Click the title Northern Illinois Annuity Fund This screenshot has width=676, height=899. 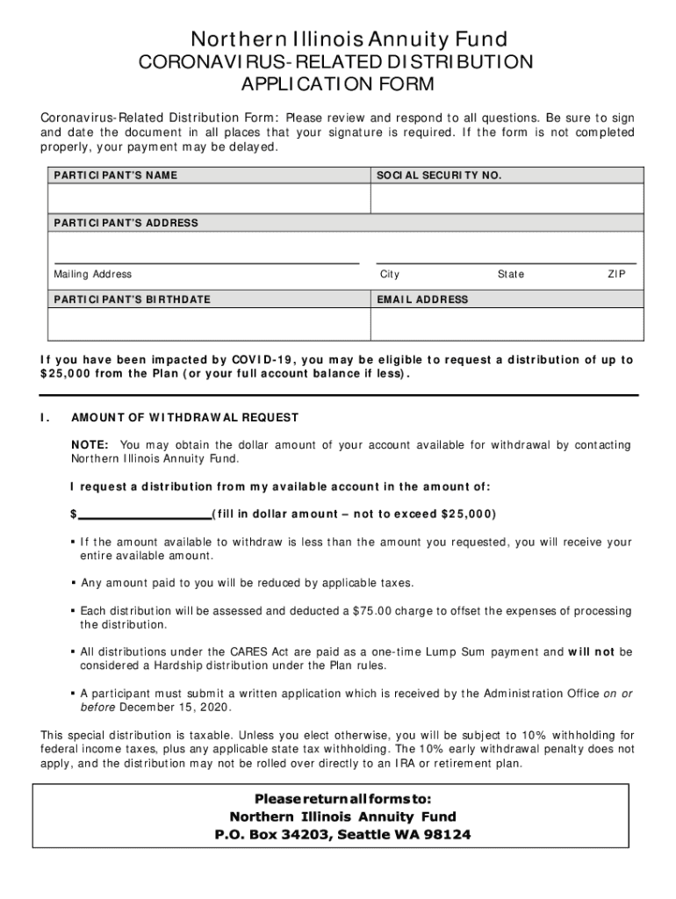coord(337,39)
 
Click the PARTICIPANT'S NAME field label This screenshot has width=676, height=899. coord(115,176)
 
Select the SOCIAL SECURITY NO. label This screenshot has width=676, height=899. coord(439,176)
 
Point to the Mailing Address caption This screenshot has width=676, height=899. coord(93,275)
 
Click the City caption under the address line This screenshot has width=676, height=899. coord(390,275)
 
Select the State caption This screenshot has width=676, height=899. coord(510,275)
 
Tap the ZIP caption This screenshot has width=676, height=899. coord(616,275)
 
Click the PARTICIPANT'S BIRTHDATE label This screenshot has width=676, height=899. coord(132,299)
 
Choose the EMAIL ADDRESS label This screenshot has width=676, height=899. coord(422,299)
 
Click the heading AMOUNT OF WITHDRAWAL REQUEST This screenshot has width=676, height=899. coord(185,417)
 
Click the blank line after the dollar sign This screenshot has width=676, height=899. coord(144,514)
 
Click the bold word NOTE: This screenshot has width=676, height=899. coord(90,445)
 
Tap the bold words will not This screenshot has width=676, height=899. coord(592,652)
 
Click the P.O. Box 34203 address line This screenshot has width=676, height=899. coord(342,835)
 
